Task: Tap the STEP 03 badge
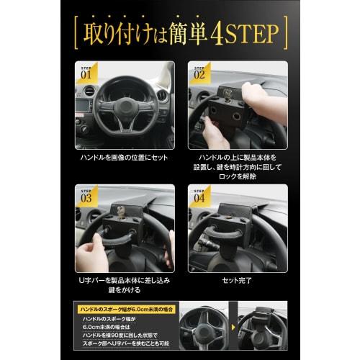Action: [x=85, y=194]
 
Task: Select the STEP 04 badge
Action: [x=198, y=194]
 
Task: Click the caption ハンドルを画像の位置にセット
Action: [x=124, y=156]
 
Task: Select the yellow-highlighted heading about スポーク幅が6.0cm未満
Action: [x=127, y=308]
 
